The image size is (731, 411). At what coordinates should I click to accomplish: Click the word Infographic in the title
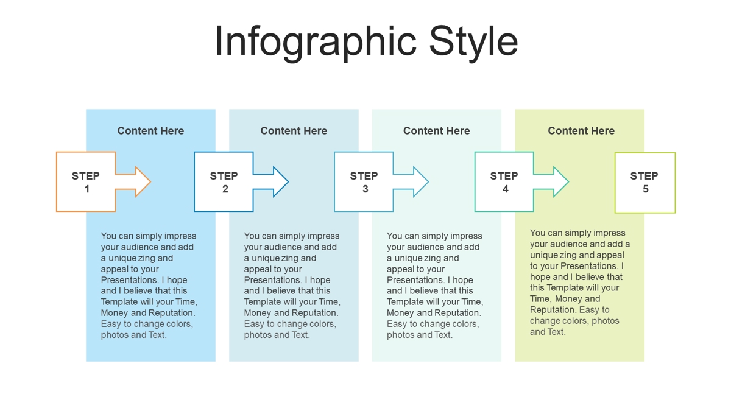coord(316,43)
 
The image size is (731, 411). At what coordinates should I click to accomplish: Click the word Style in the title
coord(473,43)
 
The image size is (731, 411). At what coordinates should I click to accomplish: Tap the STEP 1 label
coord(86,182)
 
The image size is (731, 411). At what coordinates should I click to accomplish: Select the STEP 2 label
coord(224,182)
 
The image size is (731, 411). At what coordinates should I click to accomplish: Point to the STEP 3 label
coord(364,182)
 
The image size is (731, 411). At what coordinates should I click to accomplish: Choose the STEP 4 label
coord(504,182)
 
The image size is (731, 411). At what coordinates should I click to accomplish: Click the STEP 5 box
coord(645,183)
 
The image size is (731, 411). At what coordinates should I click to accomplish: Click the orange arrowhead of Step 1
coord(143,181)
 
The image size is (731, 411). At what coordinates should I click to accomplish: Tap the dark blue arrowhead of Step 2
coord(281,181)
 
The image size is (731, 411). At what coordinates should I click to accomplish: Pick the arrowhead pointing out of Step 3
coord(421,181)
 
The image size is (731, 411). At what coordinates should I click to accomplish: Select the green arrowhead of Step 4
coord(561,181)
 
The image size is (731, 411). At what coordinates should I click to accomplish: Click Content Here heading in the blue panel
coord(151,131)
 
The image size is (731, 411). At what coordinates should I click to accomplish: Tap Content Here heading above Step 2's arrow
coord(294,131)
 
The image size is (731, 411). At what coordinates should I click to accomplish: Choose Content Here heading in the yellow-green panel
coord(581,131)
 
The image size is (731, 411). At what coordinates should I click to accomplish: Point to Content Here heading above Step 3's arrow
coord(437,131)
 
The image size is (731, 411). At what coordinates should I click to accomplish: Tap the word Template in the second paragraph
coord(263,302)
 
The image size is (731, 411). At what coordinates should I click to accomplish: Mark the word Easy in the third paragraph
coord(396,324)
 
